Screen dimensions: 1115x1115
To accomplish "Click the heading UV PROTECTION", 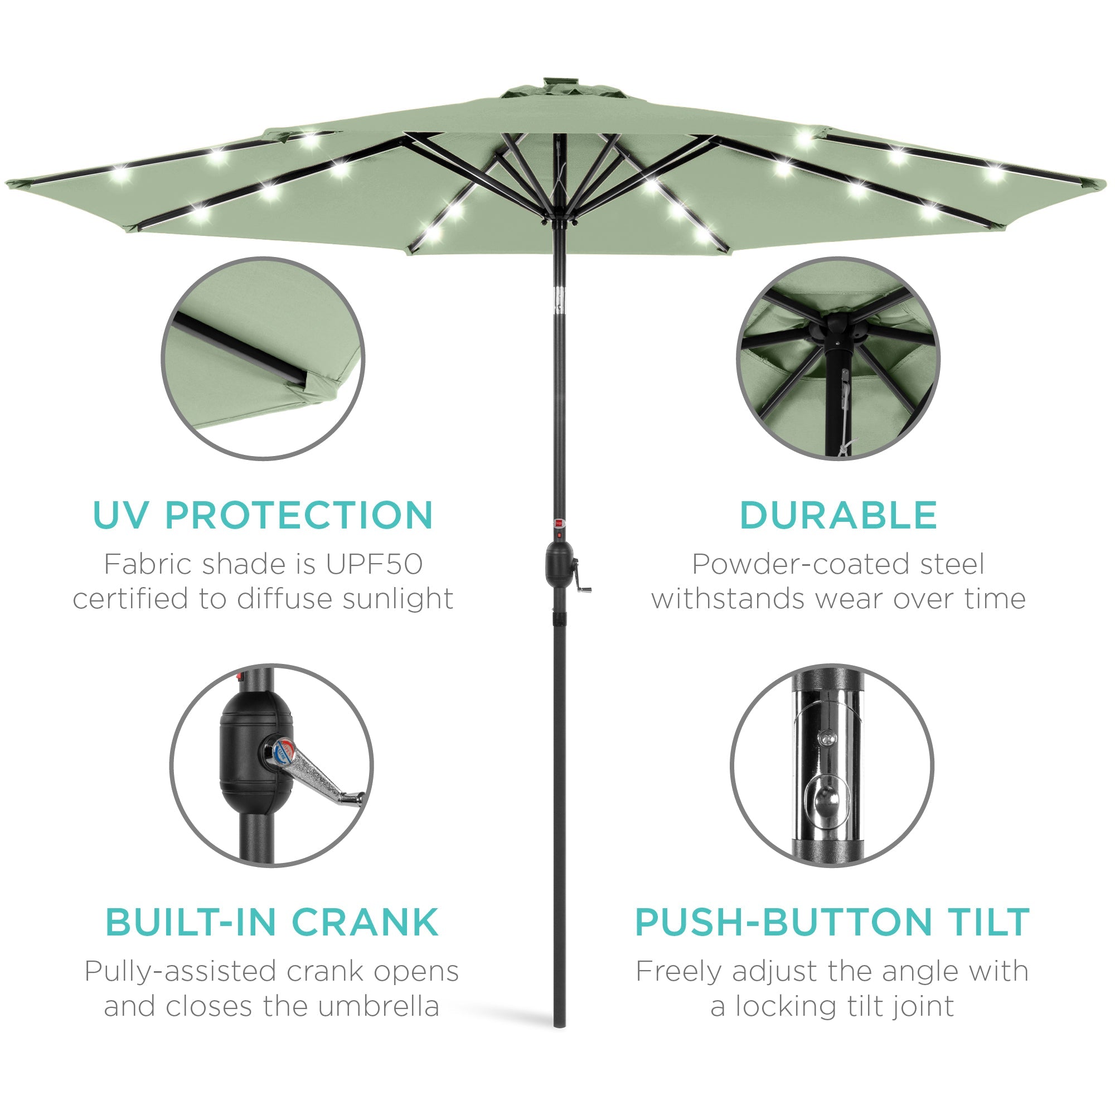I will (263, 515).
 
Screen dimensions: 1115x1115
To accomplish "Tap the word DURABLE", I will (838, 515).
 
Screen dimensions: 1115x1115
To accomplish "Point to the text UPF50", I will (374, 564).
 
